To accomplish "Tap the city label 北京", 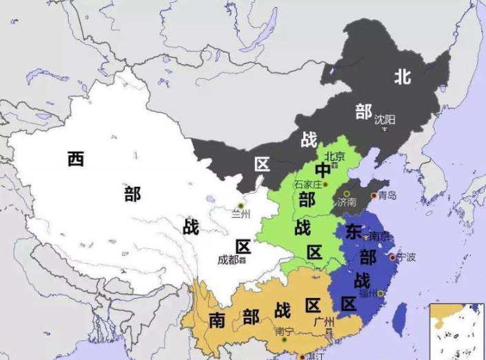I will [x=335, y=156].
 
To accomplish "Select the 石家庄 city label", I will [x=307, y=184].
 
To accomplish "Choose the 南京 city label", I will [x=361, y=236].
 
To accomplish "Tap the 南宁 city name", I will [x=284, y=331].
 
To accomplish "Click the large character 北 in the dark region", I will [x=402, y=77].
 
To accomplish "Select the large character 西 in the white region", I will [x=75, y=160].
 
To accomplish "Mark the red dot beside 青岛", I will [x=374, y=196].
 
